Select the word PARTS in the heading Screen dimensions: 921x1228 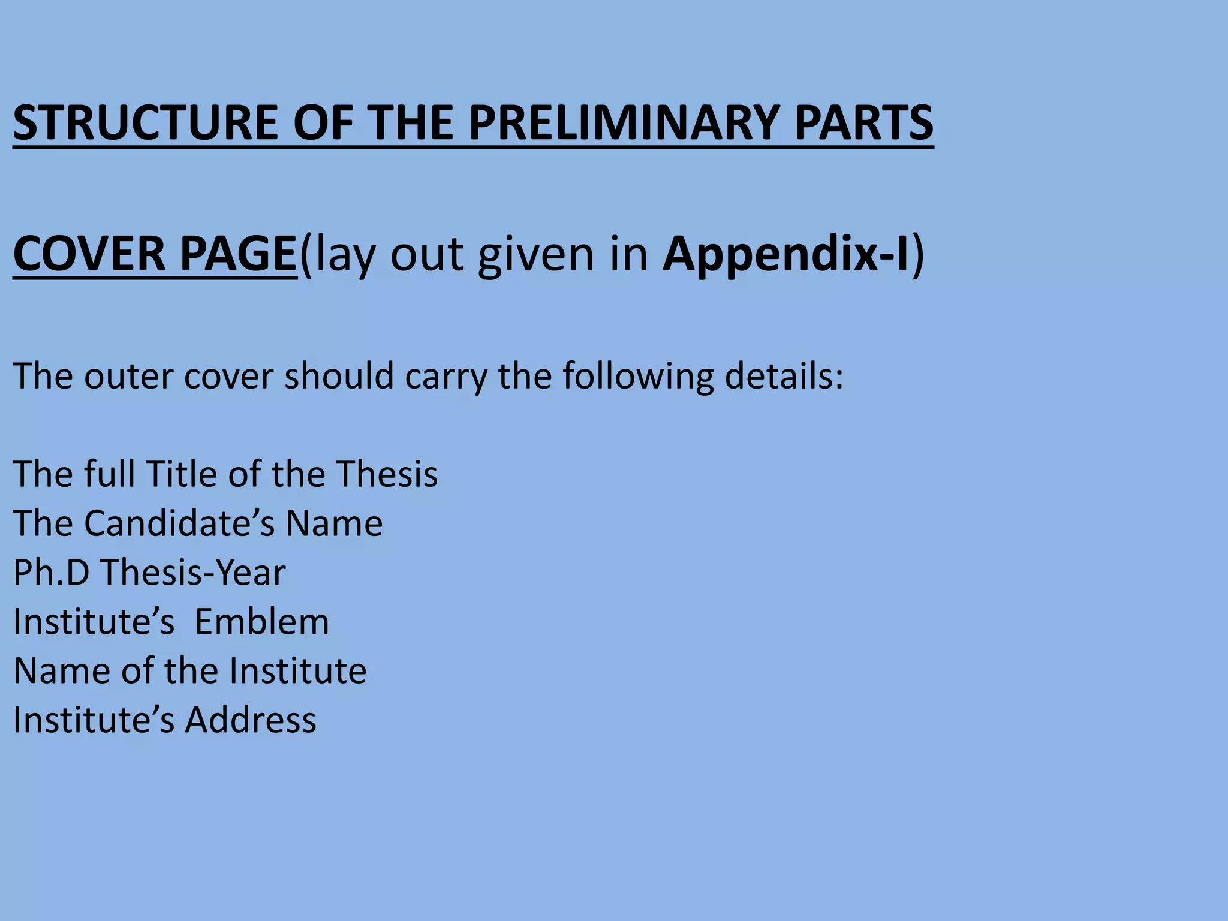pyautogui.click(x=863, y=122)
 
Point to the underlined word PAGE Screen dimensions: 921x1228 pyautogui.click(x=238, y=254)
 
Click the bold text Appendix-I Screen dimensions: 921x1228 pyautogui.click(x=786, y=254)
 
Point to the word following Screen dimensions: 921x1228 pyautogui.click(x=638, y=376)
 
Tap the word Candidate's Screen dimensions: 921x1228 pyautogui.click(x=179, y=523)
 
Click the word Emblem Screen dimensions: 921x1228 pyautogui.click(x=261, y=621)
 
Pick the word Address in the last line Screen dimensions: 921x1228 pyautogui.click(x=251, y=720)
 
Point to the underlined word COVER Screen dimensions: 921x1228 pyautogui.click(x=89, y=254)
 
